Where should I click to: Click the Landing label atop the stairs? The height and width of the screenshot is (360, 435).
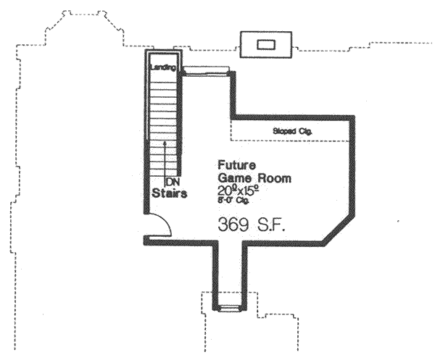[162, 67]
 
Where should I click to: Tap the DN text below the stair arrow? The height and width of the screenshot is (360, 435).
[173, 181]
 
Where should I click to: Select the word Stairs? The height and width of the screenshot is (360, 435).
[170, 193]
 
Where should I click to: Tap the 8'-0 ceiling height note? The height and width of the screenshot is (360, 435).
[232, 201]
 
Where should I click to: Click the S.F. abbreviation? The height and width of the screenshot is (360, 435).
[270, 226]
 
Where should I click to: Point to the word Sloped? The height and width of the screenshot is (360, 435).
[283, 131]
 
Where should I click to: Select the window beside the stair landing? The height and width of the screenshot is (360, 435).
[206, 70]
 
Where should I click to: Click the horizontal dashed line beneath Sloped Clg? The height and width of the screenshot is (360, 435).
[290, 141]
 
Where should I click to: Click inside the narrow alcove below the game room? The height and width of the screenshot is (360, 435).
[228, 275]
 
